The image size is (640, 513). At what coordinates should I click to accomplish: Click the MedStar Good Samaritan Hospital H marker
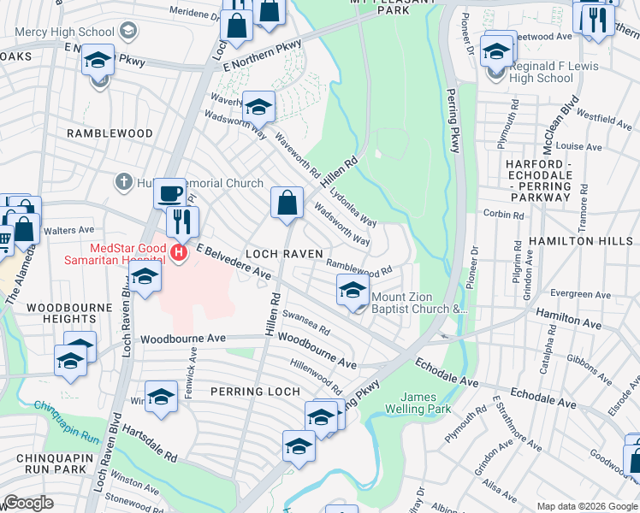coord(178,252)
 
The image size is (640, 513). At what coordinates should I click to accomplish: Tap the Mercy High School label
coord(57,32)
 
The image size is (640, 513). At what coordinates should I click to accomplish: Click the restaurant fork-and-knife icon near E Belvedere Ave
coord(182,221)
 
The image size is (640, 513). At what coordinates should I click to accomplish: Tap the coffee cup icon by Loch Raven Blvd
coord(170,192)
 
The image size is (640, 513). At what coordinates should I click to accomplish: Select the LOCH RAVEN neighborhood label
coord(283,254)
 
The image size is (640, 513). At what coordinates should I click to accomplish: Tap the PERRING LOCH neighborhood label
coord(255,392)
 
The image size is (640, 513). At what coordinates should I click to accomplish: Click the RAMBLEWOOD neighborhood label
coord(110,133)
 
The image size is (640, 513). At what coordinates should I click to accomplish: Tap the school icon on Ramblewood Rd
coord(353,291)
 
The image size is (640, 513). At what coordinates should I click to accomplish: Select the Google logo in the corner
coord(28,503)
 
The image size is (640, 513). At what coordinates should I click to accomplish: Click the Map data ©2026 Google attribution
coord(587,506)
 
